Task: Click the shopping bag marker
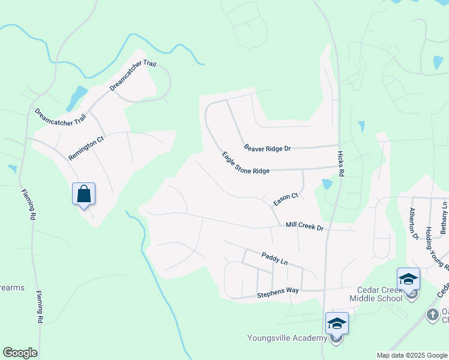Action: pos(84,194)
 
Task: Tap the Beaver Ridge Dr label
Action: pos(267,148)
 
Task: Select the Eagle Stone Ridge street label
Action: pos(246,163)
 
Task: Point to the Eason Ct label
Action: pos(286,199)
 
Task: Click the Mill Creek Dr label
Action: pos(304,226)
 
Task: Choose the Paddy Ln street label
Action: pos(275,259)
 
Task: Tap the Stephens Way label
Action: pos(278,292)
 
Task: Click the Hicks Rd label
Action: pos(340,163)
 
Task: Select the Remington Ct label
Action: pos(86,148)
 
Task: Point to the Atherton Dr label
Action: pos(413,223)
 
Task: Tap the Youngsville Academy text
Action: pos(287,337)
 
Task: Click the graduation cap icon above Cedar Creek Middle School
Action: pos(408,279)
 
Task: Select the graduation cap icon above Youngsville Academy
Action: pos(337,324)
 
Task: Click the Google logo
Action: pos(20,353)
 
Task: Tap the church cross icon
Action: pos(432,314)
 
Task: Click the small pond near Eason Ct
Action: pos(327,184)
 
